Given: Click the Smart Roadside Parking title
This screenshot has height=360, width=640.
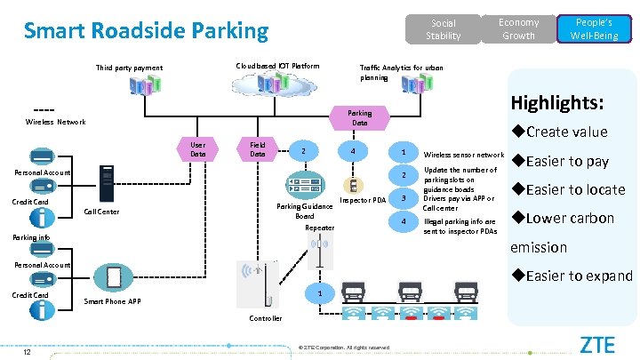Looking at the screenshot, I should point(146,31).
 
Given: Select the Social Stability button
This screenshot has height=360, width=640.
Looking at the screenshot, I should point(443,29).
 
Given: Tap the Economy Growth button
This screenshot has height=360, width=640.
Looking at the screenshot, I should point(518,28).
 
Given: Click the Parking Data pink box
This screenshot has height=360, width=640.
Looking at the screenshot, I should point(360,117).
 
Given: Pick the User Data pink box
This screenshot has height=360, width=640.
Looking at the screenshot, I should point(198,148).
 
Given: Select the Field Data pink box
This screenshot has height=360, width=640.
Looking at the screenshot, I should point(258,148).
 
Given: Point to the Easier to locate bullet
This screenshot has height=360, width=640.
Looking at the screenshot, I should point(568,189).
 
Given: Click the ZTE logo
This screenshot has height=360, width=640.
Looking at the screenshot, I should point(600,344).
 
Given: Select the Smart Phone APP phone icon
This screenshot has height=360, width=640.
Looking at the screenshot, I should point(114,277).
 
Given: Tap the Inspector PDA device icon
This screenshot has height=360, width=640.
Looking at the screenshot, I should point(353,185).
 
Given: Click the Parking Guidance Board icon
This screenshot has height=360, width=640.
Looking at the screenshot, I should point(304,187).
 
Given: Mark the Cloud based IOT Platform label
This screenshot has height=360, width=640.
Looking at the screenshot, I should point(276,67).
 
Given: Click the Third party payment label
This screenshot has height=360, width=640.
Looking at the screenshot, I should point(130,68).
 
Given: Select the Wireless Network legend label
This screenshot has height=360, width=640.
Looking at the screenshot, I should point(56,122).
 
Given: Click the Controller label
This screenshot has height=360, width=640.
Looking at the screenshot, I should point(265,318).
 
